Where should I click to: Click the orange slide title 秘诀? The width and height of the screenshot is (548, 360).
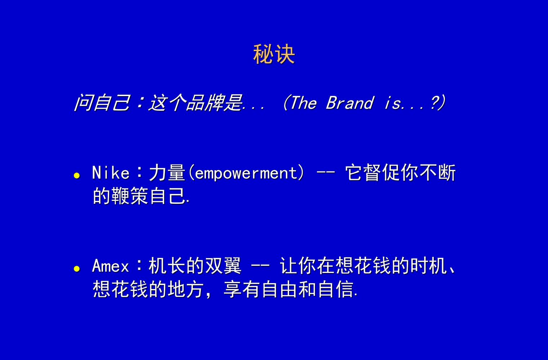tap(274, 55)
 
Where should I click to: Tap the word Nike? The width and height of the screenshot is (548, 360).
tap(111, 173)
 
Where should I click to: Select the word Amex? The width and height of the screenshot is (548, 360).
tap(110, 267)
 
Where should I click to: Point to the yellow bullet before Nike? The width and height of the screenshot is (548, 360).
tap(76, 176)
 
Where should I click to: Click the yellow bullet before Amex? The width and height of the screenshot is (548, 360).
tap(76, 269)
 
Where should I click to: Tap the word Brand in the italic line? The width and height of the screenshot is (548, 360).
tap(350, 103)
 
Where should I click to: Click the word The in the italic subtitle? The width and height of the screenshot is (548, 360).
tap(303, 103)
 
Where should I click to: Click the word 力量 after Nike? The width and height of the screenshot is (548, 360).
tap(167, 173)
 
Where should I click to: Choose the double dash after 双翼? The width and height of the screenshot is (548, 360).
tap(260, 267)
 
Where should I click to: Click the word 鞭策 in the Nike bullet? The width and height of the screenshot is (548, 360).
tap(130, 196)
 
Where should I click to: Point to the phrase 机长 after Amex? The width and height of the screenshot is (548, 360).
tap(167, 266)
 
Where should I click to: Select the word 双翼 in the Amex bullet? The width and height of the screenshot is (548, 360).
tap(223, 266)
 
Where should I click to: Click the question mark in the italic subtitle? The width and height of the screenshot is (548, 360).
tap(435, 103)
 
